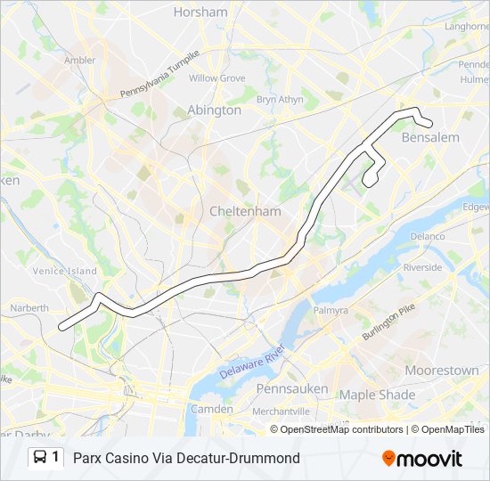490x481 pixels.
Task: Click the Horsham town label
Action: (200, 12)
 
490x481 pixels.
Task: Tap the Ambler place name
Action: (79, 61)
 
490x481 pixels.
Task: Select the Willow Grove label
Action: (216, 78)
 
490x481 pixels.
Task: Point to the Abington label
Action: (214, 110)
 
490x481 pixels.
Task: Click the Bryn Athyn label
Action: (280, 100)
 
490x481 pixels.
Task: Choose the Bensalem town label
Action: (430, 138)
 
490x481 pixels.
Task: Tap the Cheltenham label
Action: (245, 212)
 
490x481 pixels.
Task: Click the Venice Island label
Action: (64, 271)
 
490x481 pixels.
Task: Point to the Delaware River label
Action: (251, 360)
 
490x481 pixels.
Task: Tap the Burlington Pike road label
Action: (388, 322)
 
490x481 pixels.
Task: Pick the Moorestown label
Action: (442, 370)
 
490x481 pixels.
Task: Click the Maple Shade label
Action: (377, 395)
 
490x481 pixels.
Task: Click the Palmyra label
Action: (331, 311)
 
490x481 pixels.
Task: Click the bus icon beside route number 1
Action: (41, 458)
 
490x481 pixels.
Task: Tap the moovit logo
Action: (421, 458)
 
